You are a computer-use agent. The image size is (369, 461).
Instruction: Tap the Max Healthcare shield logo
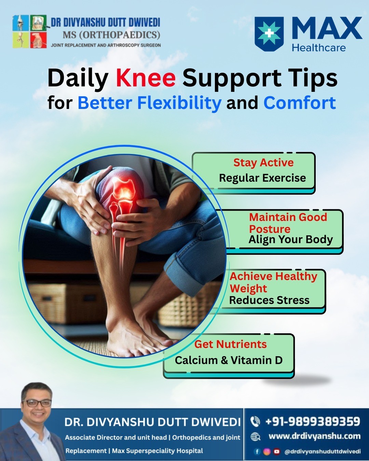pyautogui.click(x=269, y=34)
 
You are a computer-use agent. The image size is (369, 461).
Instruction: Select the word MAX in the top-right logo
pyautogui.click(x=327, y=28)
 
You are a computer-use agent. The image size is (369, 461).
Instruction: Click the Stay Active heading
pyautogui.click(x=263, y=163)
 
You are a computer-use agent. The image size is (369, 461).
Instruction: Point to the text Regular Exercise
pyautogui.click(x=262, y=178)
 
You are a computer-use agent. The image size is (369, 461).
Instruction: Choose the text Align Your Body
pyautogui.click(x=290, y=239)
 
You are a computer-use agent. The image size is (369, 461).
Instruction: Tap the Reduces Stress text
pyautogui.click(x=269, y=300)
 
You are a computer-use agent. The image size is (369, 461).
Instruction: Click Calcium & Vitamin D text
pyautogui.click(x=229, y=360)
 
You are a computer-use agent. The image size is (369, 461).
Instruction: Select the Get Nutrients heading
pyautogui.click(x=231, y=344)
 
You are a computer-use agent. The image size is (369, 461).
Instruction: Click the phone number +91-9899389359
pyautogui.click(x=313, y=421)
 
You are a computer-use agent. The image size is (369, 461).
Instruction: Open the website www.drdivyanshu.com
pyautogui.click(x=315, y=436)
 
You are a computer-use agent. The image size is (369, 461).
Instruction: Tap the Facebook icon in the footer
pyautogui.click(x=257, y=452)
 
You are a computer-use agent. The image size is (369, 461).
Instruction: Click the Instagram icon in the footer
pyautogui.click(x=267, y=452)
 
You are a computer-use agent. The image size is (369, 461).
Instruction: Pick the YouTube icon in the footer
pyautogui.click(x=277, y=452)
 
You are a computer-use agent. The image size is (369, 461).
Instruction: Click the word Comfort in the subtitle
pyautogui.click(x=300, y=102)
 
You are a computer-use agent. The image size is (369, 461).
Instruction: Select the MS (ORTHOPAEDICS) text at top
pyautogui.click(x=111, y=35)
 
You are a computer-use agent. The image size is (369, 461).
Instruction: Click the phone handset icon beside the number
pyautogui.click(x=255, y=422)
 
